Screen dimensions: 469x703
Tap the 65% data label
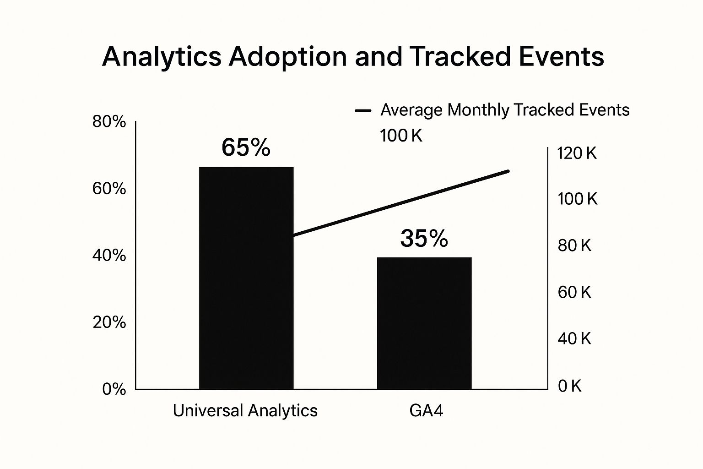246,148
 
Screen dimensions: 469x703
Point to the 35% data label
424,239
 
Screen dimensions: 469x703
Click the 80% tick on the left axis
109,122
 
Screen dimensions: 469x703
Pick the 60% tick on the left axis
109,189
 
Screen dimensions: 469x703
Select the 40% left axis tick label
109,256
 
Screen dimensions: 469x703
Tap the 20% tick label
109,322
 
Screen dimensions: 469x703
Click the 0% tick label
114,389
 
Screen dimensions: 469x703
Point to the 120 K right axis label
577,153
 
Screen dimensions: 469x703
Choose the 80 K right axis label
574,246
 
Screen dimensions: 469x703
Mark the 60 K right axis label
574,292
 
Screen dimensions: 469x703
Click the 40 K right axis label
574,339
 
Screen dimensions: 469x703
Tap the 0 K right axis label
569,387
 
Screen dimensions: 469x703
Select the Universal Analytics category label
245,411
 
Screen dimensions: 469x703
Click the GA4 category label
426,411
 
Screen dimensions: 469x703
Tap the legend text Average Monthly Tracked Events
505,110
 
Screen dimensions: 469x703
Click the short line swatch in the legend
363,111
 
